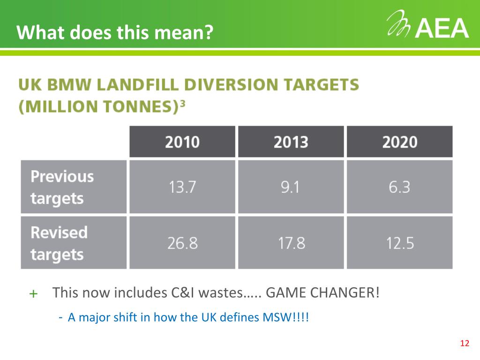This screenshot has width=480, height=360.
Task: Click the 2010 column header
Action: pyautogui.click(x=182, y=142)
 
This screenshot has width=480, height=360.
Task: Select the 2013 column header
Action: pyautogui.click(x=291, y=142)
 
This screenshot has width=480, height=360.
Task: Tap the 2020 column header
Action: pyautogui.click(x=400, y=142)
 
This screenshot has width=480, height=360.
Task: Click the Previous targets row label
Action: pyautogui.click(x=62, y=187)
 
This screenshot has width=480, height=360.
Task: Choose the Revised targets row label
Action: pyautogui.click(x=59, y=243)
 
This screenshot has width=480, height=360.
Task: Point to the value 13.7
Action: pyautogui.click(x=182, y=187)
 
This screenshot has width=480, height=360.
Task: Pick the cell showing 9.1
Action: pyautogui.click(x=291, y=187)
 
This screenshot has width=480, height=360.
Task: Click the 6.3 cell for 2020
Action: pyautogui.click(x=400, y=187)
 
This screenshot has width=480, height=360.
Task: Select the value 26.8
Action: pyautogui.click(x=182, y=243)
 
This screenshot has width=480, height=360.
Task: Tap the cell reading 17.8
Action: pyautogui.click(x=291, y=243)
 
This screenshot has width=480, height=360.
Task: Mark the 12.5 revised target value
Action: pyautogui.click(x=400, y=243)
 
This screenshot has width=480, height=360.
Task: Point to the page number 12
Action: pyautogui.click(x=465, y=344)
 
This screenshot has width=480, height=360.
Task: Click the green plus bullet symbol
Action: pyautogui.click(x=33, y=294)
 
